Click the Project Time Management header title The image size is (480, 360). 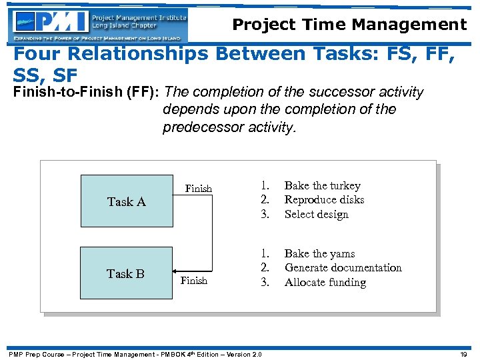coord(349,25)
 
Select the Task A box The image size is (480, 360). coord(126,201)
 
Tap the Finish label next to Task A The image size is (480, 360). coord(198,189)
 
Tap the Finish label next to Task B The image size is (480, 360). coord(193,281)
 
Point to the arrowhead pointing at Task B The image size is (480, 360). coord(176,273)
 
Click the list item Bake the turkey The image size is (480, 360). coord(322,186)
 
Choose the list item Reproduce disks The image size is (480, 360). coord(324,200)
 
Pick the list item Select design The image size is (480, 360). coord(316,215)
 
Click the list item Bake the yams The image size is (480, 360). coord(319,254)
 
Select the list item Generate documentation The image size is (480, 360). coord(343,268)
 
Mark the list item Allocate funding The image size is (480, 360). coord(325,283)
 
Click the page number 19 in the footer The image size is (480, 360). coord(463,354)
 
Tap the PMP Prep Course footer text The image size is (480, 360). coord(133,354)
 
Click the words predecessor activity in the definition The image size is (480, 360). coord(228,127)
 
